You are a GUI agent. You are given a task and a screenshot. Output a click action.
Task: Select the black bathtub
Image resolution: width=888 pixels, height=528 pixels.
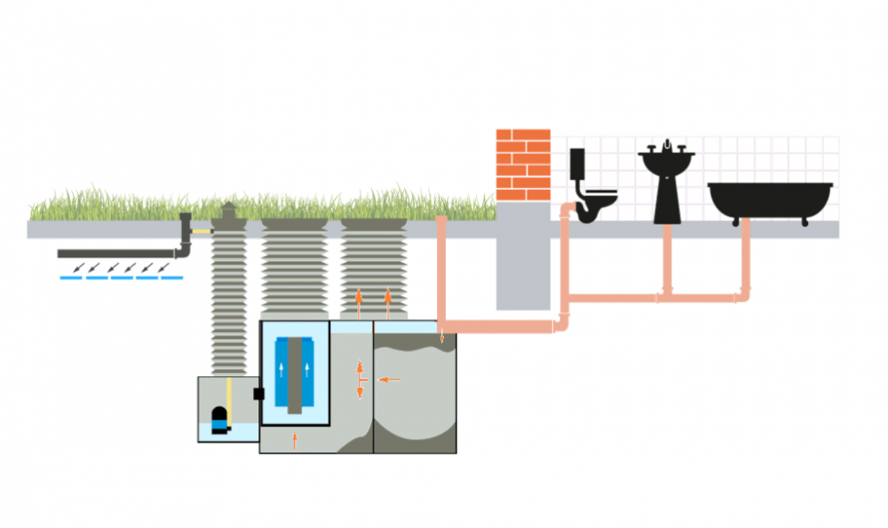pos(769,200)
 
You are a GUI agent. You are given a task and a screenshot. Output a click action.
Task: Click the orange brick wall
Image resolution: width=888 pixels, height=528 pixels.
pos(523,165)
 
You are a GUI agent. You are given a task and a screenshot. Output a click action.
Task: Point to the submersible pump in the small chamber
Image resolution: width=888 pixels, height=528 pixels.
pos(218,421)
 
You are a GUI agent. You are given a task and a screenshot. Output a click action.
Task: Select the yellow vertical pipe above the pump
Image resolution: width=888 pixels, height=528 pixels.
pos(229,398)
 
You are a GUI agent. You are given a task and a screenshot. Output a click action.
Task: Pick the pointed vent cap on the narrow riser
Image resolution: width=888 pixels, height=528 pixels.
pos(228,210)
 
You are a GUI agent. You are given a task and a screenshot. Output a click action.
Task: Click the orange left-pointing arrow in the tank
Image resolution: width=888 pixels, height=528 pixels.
pos(390,380)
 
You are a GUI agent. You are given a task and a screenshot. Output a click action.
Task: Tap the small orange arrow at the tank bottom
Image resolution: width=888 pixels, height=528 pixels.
pos(295,439)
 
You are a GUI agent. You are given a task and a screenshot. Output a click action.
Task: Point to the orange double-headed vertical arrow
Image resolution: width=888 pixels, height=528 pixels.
pos(359,379)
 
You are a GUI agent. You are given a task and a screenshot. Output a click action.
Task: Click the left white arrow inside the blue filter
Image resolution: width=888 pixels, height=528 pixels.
pos(283,371)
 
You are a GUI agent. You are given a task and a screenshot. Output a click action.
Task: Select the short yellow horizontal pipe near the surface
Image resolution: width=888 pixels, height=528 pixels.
pos(203,232)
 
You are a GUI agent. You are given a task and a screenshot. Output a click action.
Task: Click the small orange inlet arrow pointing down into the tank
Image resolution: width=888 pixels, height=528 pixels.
pos(442,337)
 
